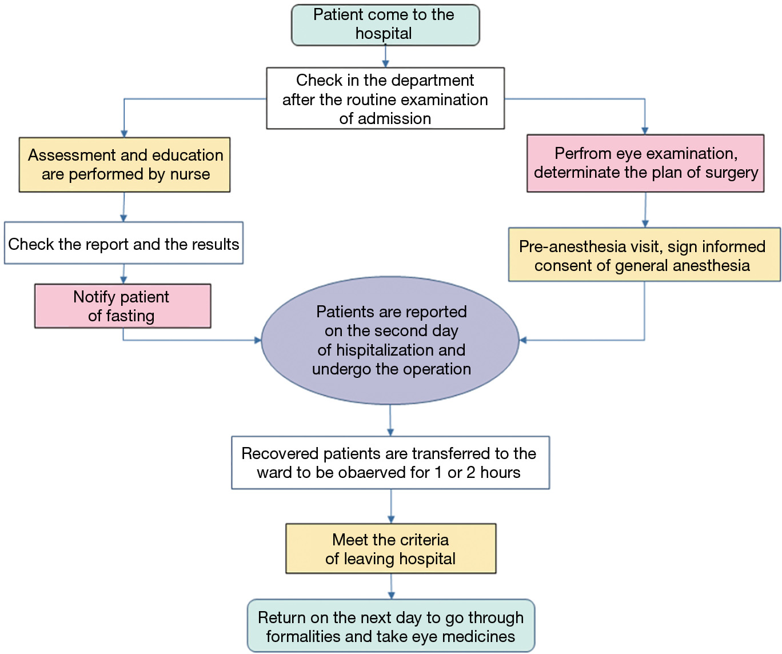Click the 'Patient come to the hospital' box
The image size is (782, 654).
pyautogui.click(x=385, y=25)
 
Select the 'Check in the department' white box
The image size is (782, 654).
pyautogui.click(x=385, y=98)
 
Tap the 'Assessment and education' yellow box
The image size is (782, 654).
pyautogui.click(x=125, y=165)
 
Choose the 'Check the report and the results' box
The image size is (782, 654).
pyautogui.click(x=123, y=244)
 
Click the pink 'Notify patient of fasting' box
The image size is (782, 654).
pyautogui.click(x=122, y=306)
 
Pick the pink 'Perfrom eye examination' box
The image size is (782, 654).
pyautogui.click(x=645, y=163)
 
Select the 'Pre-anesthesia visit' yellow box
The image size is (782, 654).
pyautogui.click(x=644, y=255)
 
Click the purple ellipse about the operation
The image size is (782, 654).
pyautogui.click(x=390, y=341)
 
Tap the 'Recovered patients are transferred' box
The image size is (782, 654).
pyautogui.click(x=390, y=462)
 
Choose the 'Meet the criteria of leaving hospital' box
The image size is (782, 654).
pyautogui.click(x=390, y=549)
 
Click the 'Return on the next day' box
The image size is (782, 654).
pyautogui.click(x=390, y=626)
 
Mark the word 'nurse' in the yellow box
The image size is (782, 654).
pyautogui.click(x=190, y=174)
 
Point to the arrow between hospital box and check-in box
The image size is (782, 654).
pyautogui.click(x=385, y=57)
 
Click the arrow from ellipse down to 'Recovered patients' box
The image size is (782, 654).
pyautogui.click(x=390, y=421)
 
